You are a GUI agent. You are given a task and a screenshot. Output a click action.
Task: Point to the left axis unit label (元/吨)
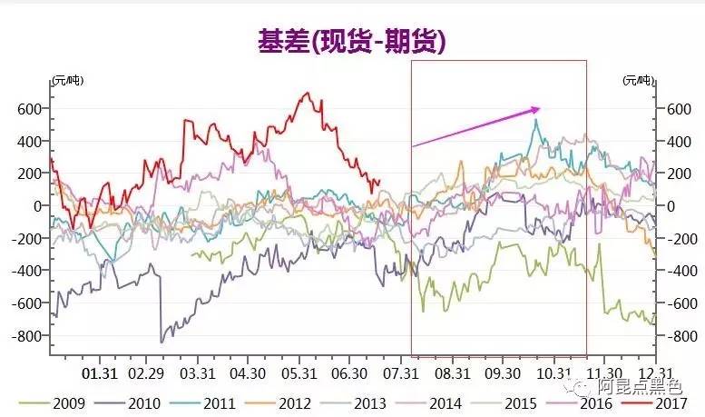pos(67,81)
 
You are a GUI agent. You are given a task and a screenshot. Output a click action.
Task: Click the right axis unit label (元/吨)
pos(637,81)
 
